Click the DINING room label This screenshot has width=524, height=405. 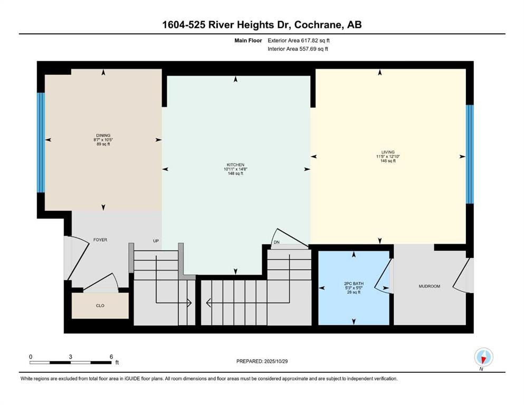(x=103, y=136)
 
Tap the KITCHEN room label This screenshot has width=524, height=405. (x=235, y=165)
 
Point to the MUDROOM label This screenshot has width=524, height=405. (x=429, y=286)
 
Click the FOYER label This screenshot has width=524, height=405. (x=100, y=240)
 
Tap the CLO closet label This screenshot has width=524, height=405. (x=100, y=305)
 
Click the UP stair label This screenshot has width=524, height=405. (x=156, y=241)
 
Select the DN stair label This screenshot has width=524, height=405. (x=276, y=243)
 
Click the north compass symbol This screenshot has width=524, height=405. (x=483, y=357)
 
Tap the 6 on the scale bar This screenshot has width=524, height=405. (x=111, y=356)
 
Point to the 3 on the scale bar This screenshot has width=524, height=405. (x=70, y=356)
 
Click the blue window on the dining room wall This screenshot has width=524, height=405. (x=40, y=143)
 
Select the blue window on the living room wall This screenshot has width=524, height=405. (x=470, y=154)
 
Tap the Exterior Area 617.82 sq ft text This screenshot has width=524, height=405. (x=299, y=40)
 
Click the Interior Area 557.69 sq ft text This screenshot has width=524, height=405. (x=298, y=49)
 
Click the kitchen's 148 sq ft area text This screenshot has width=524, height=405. (x=235, y=173)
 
